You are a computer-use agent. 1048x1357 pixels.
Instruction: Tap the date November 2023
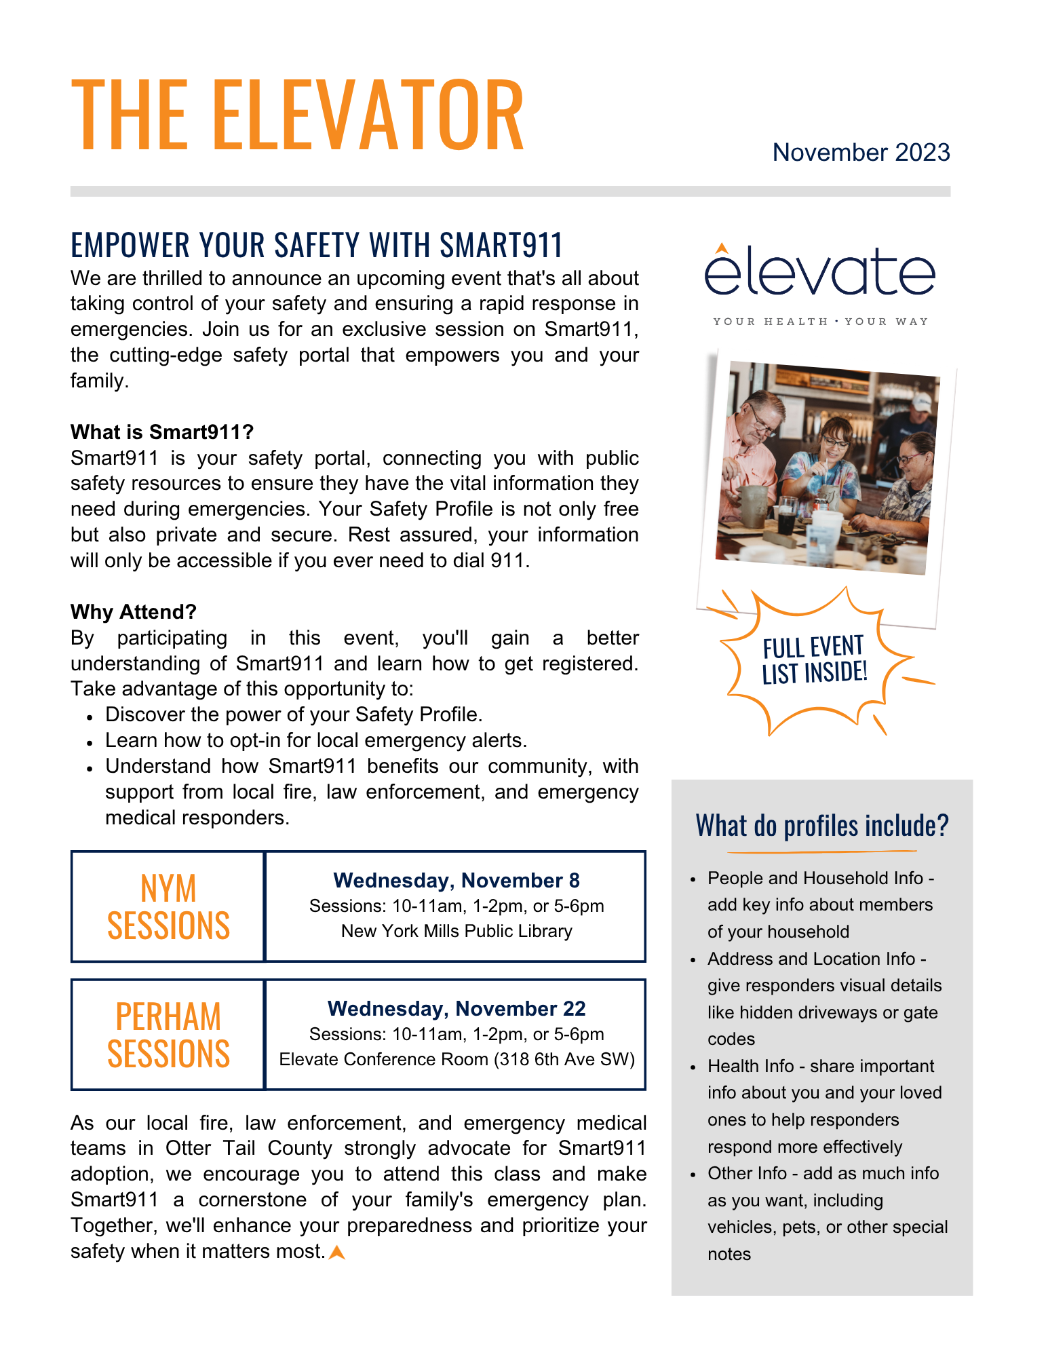pos(861,153)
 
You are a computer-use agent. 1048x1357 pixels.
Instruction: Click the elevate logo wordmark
pos(819,271)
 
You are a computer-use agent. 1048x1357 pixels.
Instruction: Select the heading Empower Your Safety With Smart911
pos(317,246)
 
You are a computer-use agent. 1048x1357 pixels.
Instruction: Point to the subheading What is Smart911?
pos(162,432)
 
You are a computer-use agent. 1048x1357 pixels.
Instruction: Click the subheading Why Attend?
pos(134,612)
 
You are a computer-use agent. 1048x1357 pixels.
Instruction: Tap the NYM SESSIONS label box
pos(168,906)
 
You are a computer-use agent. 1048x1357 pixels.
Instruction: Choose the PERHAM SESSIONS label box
pos(168,1035)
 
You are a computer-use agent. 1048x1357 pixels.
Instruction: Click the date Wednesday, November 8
pos(457,881)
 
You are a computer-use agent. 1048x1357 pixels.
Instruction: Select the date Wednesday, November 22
pos(457,1009)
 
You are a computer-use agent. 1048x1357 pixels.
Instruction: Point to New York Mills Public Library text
pos(457,932)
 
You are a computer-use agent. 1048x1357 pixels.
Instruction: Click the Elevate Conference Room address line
pos(457,1060)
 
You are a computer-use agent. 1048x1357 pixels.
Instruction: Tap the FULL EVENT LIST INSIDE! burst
pos(814,660)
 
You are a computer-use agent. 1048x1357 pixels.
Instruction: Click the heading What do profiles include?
pos(822,826)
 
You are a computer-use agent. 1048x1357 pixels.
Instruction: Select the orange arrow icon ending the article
pos(337,1253)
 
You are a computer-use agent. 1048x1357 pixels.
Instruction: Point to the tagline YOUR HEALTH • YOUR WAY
pos(820,322)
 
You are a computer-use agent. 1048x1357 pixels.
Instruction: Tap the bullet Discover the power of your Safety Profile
pos(294,715)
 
